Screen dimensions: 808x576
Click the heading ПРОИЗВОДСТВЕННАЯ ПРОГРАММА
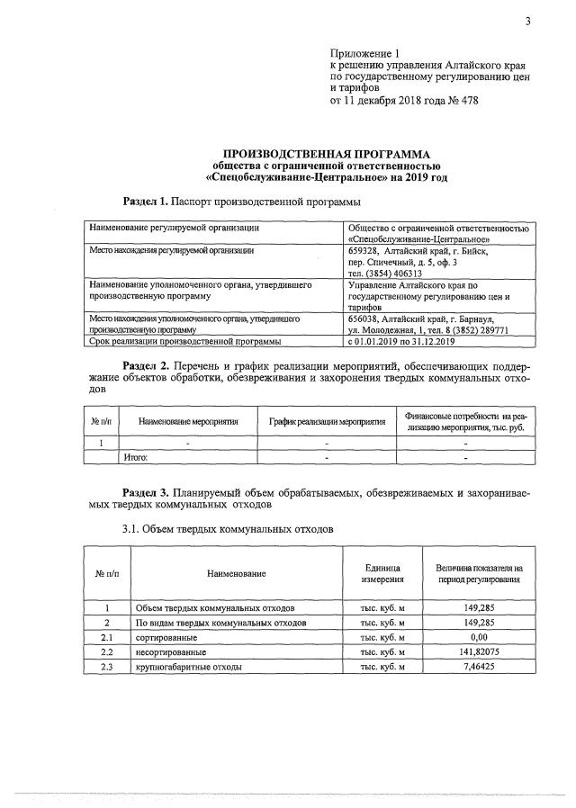(x=321, y=154)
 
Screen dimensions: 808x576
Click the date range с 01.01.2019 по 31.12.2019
(x=404, y=342)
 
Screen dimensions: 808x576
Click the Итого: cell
(x=135, y=456)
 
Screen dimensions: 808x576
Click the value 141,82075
(x=479, y=651)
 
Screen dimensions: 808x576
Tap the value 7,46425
(x=479, y=666)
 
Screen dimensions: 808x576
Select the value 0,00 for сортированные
(x=479, y=636)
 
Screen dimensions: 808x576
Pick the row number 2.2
(x=106, y=651)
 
